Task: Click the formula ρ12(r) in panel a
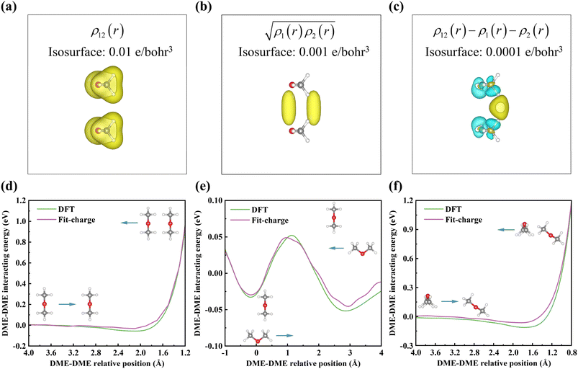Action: [96, 32]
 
